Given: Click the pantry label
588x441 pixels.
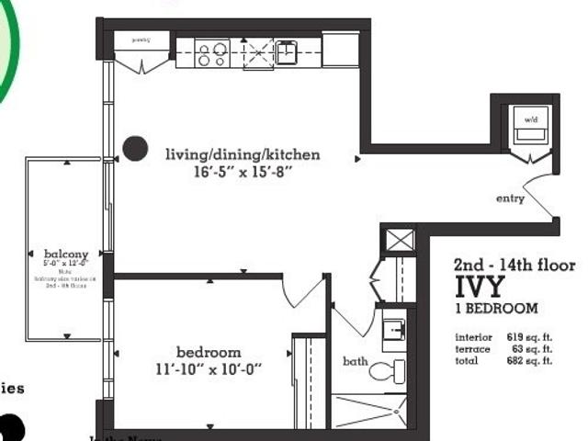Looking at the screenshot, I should click(141, 40).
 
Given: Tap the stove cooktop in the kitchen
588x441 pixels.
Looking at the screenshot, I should click(211, 52).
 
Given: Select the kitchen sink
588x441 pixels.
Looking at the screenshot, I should click(286, 52).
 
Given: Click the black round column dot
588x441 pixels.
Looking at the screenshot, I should click(135, 147).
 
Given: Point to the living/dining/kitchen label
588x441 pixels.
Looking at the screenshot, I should click(243, 154).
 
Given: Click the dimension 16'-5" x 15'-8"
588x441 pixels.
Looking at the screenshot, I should click(243, 172).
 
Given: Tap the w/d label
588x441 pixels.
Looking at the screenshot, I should click(530, 120).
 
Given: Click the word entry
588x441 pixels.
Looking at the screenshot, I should click(510, 198).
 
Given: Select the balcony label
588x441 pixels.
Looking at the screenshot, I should click(66, 254).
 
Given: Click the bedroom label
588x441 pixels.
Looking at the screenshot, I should click(209, 352).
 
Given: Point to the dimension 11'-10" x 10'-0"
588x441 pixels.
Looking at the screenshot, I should click(209, 369).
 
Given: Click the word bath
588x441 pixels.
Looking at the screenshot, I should click(356, 361).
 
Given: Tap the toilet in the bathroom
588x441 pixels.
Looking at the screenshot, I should click(387, 371).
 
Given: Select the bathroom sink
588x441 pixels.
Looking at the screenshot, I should click(394, 329).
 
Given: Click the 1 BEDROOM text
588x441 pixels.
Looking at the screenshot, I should click(496, 309).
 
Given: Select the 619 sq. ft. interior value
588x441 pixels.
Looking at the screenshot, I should click(529, 337).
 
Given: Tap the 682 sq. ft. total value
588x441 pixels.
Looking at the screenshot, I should click(529, 361).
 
